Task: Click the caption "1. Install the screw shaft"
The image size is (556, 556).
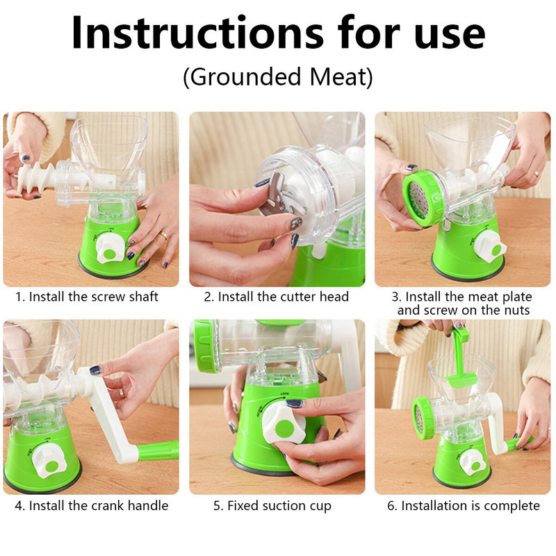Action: pyautogui.click(x=86, y=297)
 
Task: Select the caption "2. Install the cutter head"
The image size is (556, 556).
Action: pyautogui.click(x=276, y=297)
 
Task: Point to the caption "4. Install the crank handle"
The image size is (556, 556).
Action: pyautogui.click(x=92, y=506)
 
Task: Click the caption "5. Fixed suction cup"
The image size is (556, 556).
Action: pyautogui.click(x=272, y=506)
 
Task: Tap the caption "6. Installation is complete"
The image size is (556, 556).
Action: pyautogui.click(x=464, y=506)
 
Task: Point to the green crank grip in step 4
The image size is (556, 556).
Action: pyautogui.click(x=158, y=450)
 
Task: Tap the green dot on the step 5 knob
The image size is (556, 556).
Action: pyautogui.click(x=284, y=429)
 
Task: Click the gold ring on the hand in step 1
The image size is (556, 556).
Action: pyautogui.click(x=164, y=234)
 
